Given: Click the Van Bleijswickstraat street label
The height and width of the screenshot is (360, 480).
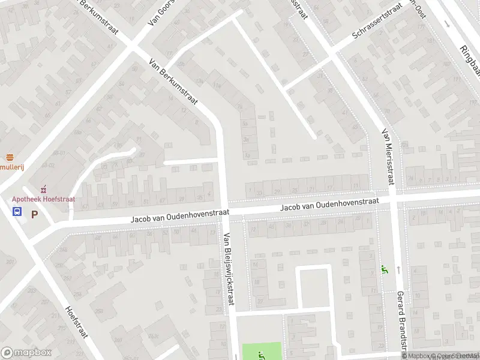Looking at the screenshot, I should tap(228, 269).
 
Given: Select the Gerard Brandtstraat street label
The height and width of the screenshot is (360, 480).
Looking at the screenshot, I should tap(400, 324).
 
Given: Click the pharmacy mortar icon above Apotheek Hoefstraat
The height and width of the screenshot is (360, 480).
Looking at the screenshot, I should tap(42, 189).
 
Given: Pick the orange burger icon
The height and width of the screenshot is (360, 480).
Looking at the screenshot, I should tap(10, 157).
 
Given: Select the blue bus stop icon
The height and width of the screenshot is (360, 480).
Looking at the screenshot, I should tap(17, 211).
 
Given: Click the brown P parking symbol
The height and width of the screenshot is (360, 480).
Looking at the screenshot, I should tap(34, 214).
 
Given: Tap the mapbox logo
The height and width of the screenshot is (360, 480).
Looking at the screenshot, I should tap(26, 353).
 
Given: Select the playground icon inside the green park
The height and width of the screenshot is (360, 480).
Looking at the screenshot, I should tap(260, 355).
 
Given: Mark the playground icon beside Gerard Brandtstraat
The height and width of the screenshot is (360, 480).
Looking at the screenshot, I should tap(384, 271).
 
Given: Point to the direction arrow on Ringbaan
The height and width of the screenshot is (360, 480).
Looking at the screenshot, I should tap(447, 24).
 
